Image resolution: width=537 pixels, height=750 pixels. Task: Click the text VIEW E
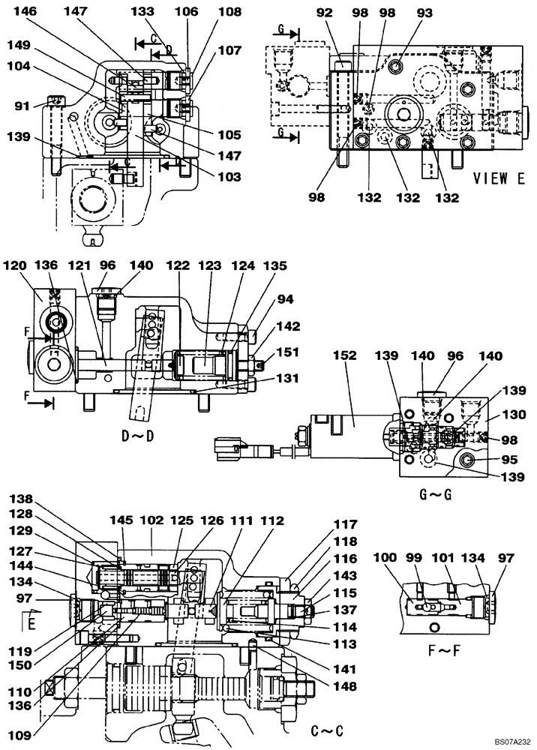coord(499,178)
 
